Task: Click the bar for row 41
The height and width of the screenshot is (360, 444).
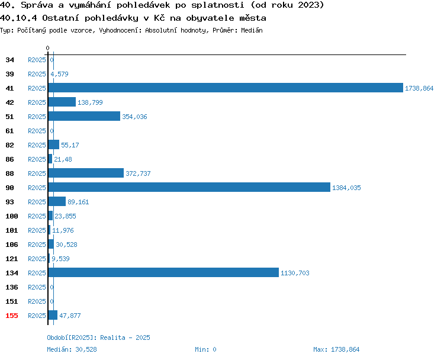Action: pos(226,88)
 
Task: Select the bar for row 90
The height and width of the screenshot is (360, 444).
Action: pos(189,187)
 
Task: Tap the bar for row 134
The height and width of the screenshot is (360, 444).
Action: pos(163,272)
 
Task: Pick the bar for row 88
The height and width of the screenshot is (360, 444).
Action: pos(86,173)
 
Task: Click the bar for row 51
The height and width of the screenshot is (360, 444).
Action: pos(84,116)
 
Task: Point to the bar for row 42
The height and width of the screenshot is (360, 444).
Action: pos(62,102)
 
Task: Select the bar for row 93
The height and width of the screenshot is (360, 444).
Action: pos(57,201)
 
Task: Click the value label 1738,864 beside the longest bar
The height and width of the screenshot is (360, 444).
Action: pos(419,88)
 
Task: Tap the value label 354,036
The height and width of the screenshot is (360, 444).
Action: pos(134,117)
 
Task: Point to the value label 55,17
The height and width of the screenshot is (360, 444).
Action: pos(70,145)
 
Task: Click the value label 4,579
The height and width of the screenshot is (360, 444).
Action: pos(59,74)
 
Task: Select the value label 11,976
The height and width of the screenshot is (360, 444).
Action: pos(63,230)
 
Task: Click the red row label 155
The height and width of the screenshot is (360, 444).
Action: pos(12,316)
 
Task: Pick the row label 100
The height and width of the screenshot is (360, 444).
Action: pos(12,216)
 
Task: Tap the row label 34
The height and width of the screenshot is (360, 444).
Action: pos(9,60)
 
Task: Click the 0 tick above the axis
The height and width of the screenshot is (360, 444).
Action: pos(47,48)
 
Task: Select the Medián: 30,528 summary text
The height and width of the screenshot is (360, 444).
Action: pos(72,349)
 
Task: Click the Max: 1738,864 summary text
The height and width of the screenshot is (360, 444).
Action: pos(336,349)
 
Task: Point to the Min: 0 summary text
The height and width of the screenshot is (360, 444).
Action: pos(205,349)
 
